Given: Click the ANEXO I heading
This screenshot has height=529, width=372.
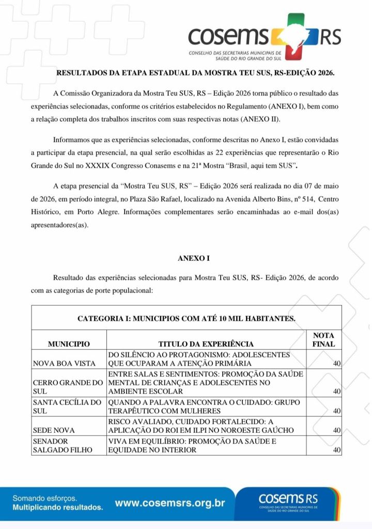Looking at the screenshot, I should [x=191, y=258].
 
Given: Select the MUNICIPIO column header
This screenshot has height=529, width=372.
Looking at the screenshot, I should [x=69, y=344].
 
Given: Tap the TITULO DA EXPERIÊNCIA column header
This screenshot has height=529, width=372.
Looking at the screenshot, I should [x=206, y=344].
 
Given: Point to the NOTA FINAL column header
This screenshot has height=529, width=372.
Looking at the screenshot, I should [x=323, y=339].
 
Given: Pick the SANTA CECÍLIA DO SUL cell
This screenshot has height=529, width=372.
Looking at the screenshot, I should [x=67, y=407].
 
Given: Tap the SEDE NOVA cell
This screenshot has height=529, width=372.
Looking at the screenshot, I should [x=54, y=430].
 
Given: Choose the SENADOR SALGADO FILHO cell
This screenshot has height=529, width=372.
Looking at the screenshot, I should [x=62, y=445].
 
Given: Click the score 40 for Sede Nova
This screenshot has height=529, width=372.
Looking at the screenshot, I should [x=337, y=430].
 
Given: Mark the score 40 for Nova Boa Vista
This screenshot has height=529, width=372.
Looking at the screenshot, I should [x=337, y=364].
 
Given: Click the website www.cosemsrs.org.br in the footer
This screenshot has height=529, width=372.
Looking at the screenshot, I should [x=170, y=503].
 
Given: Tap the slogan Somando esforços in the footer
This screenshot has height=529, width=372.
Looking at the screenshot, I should [x=45, y=499].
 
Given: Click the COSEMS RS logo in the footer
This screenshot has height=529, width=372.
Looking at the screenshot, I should [x=289, y=501].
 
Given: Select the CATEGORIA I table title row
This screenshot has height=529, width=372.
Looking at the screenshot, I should [x=187, y=318].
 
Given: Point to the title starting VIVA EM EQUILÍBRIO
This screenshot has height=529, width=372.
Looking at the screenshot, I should [x=192, y=445].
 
